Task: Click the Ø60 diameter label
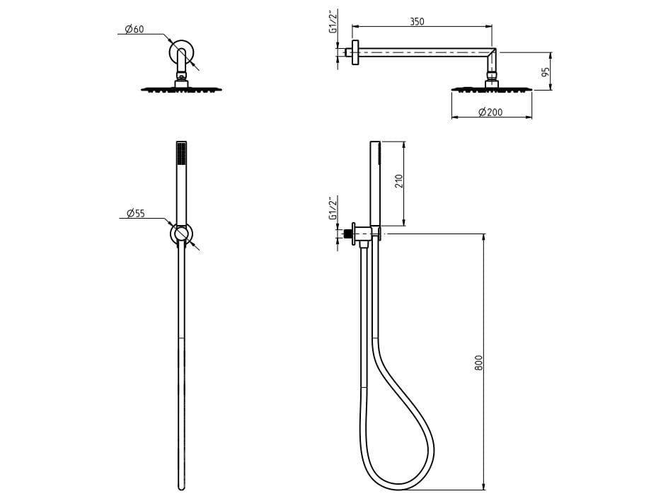(x=134, y=29)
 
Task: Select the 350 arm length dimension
(x=417, y=21)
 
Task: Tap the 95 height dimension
(x=546, y=71)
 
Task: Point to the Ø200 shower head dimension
(x=490, y=112)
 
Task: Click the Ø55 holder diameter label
(x=136, y=213)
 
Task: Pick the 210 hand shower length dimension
(x=399, y=181)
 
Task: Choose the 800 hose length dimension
(x=479, y=362)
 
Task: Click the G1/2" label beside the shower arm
(x=333, y=21)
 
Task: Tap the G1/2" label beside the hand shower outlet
(x=333, y=207)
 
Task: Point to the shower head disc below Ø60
(x=182, y=89)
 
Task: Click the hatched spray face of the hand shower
(x=181, y=154)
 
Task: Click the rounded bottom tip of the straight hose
(x=181, y=488)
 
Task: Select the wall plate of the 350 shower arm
(x=356, y=52)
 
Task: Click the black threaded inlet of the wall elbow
(x=347, y=234)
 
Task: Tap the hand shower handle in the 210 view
(x=375, y=183)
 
